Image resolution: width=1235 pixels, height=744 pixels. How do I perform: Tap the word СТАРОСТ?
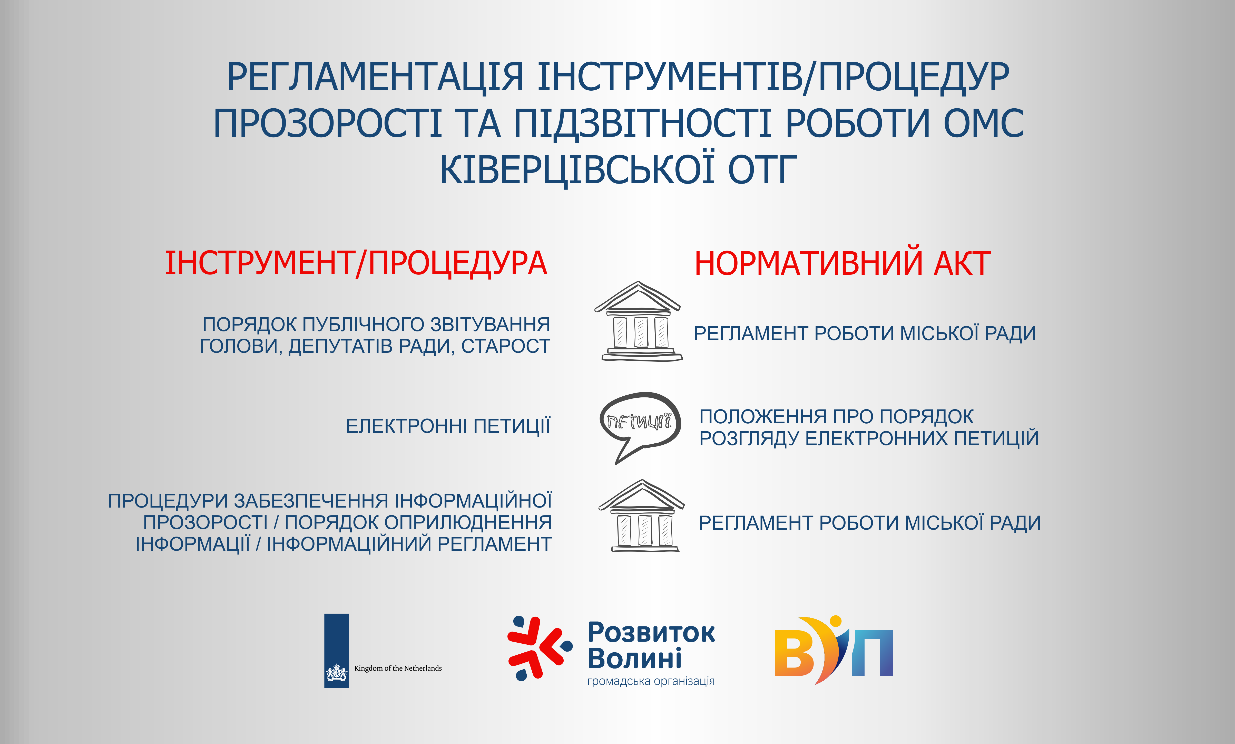coord(506,346)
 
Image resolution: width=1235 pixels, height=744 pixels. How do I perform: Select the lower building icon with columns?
coord(642,516)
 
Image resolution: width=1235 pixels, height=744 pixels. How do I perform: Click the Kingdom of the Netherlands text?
coord(398,668)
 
